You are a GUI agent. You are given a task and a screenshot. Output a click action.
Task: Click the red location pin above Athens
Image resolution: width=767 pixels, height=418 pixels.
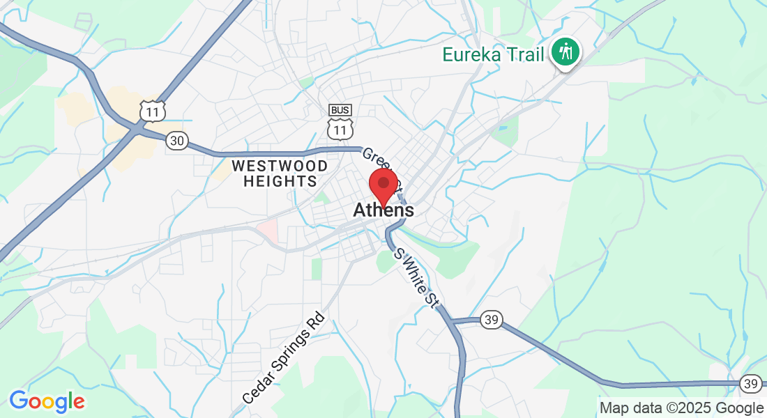pyautogui.click(x=383, y=185)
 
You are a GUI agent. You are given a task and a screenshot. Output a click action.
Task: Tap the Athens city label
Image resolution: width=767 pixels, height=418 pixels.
pyautogui.click(x=383, y=210)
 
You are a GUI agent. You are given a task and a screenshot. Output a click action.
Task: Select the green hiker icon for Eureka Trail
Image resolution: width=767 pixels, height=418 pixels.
pyautogui.click(x=565, y=52)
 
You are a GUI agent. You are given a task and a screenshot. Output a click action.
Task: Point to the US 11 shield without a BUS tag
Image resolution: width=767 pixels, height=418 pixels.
pyautogui.click(x=151, y=110)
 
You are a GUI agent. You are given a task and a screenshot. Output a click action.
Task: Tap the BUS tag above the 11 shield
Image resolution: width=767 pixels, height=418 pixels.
pyautogui.click(x=340, y=110)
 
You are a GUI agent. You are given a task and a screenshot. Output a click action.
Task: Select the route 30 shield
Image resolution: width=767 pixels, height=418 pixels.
pyautogui.click(x=177, y=141)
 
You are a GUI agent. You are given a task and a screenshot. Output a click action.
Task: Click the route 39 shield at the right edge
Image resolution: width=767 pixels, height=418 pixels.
pyautogui.click(x=750, y=382)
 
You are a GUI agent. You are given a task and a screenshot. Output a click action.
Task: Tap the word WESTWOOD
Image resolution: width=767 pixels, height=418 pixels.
pyautogui.click(x=280, y=166)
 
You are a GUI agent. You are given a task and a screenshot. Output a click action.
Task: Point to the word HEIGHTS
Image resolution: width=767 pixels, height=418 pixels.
pyautogui.click(x=280, y=181)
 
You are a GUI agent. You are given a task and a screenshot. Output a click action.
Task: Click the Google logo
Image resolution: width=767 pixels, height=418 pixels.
pyautogui.click(x=47, y=401)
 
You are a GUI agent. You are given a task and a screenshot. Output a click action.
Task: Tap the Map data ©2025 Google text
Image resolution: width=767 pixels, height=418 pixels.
pyautogui.click(x=681, y=408)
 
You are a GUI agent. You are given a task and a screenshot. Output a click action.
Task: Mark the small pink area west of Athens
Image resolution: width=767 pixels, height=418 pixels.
pyautogui.click(x=268, y=231)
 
